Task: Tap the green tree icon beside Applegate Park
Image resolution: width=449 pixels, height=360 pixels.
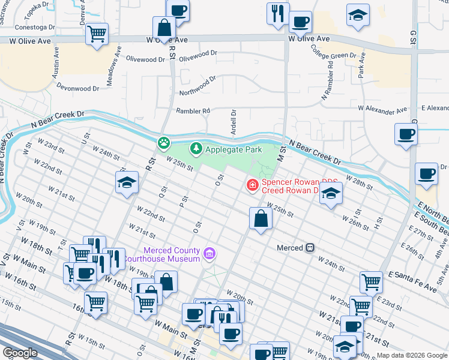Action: [196, 148]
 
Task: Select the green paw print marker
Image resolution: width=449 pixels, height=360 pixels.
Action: [163, 143]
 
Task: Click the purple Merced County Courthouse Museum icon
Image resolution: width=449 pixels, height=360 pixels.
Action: [209, 254]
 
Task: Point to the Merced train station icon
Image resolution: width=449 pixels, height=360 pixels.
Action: [310, 247]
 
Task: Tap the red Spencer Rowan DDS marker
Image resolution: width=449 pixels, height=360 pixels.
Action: [252, 185]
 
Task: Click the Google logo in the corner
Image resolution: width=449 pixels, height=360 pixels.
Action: [20, 353]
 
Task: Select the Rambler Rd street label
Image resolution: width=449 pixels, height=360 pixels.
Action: [193, 111]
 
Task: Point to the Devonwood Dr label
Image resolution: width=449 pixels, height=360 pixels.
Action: [77, 89]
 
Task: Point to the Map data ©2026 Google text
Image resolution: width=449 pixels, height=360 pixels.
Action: [412, 355]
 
